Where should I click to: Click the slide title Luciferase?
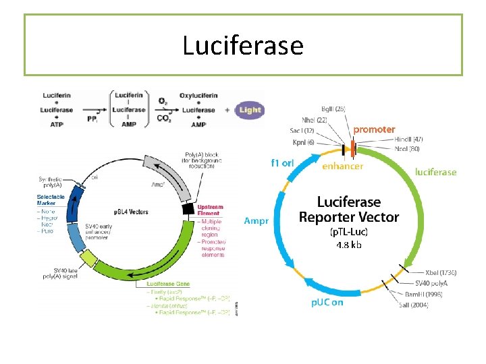(243, 45)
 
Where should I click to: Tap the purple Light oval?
(249, 110)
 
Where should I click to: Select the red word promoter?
(375, 129)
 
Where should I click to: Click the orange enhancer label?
(343, 166)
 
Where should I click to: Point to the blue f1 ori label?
(282, 162)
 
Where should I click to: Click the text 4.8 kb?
(349, 245)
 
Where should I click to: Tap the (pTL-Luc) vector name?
(349, 232)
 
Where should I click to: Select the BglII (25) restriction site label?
(334, 109)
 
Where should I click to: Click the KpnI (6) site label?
(303, 142)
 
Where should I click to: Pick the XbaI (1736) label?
(441, 272)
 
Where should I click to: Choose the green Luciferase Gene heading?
(168, 285)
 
